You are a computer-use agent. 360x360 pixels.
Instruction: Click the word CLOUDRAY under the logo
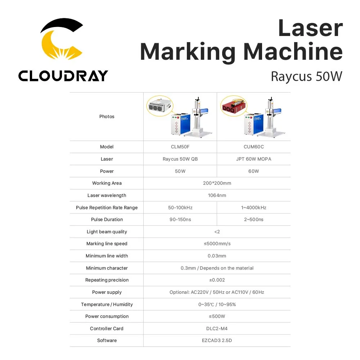click(63, 76)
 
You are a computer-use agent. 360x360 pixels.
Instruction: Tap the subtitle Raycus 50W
click(306, 76)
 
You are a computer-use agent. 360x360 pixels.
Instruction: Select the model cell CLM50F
click(180, 147)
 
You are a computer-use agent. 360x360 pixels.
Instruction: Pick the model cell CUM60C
click(253, 147)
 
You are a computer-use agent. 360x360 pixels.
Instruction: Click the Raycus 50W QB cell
click(180, 159)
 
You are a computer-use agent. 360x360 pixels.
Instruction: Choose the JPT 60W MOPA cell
click(253, 159)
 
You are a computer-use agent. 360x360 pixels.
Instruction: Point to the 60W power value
click(253, 171)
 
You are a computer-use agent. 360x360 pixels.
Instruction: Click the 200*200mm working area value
click(217, 183)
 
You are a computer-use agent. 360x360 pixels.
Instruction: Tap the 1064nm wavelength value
click(217, 195)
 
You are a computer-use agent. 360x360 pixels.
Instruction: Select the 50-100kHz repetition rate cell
click(180, 208)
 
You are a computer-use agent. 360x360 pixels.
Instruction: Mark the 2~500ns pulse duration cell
click(253, 220)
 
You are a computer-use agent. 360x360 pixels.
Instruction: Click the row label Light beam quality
click(107, 232)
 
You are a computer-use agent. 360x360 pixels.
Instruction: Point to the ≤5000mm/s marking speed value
click(217, 244)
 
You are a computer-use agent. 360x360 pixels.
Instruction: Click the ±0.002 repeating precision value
click(217, 280)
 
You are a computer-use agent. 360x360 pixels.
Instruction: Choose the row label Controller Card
click(107, 329)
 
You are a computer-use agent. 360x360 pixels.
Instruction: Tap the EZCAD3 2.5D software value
click(217, 341)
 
